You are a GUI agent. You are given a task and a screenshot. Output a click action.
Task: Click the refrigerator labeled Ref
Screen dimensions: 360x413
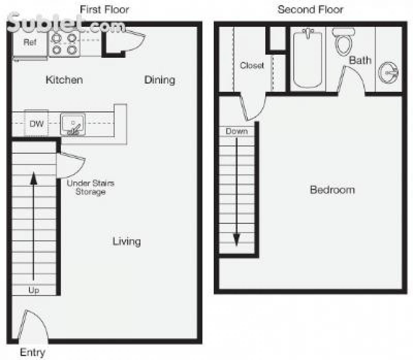click(30, 43)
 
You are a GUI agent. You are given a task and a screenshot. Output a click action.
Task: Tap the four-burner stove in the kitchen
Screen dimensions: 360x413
click(64, 44)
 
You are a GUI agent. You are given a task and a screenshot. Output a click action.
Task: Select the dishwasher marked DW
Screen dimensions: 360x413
click(36, 123)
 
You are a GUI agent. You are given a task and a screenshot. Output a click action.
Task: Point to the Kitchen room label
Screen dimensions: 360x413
click(64, 80)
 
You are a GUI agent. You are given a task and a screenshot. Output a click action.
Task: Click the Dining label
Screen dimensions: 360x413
click(159, 80)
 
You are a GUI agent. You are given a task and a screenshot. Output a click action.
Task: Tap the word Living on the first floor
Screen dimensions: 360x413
click(127, 241)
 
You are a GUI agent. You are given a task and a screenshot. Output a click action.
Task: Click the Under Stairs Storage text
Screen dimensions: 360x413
click(90, 187)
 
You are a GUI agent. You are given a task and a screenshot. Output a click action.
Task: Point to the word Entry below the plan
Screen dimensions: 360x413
click(32, 352)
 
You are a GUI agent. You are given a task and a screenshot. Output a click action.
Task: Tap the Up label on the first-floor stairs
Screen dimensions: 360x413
click(34, 290)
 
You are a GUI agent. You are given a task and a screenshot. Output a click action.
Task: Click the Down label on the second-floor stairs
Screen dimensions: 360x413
click(236, 131)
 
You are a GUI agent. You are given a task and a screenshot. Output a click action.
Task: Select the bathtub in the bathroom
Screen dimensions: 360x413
click(308, 58)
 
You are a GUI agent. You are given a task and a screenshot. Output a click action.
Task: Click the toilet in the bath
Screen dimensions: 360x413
click(343, 41)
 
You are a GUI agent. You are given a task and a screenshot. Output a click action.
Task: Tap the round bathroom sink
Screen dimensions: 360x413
click(388, 73)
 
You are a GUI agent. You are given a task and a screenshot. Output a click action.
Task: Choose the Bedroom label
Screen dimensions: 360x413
click(332, 190)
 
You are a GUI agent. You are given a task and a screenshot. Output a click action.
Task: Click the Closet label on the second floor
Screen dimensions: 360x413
click(252, 65)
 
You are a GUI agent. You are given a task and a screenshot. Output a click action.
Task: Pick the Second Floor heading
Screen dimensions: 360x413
click(310, 10)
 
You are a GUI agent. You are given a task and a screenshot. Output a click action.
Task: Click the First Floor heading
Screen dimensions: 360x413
click(104, 10)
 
